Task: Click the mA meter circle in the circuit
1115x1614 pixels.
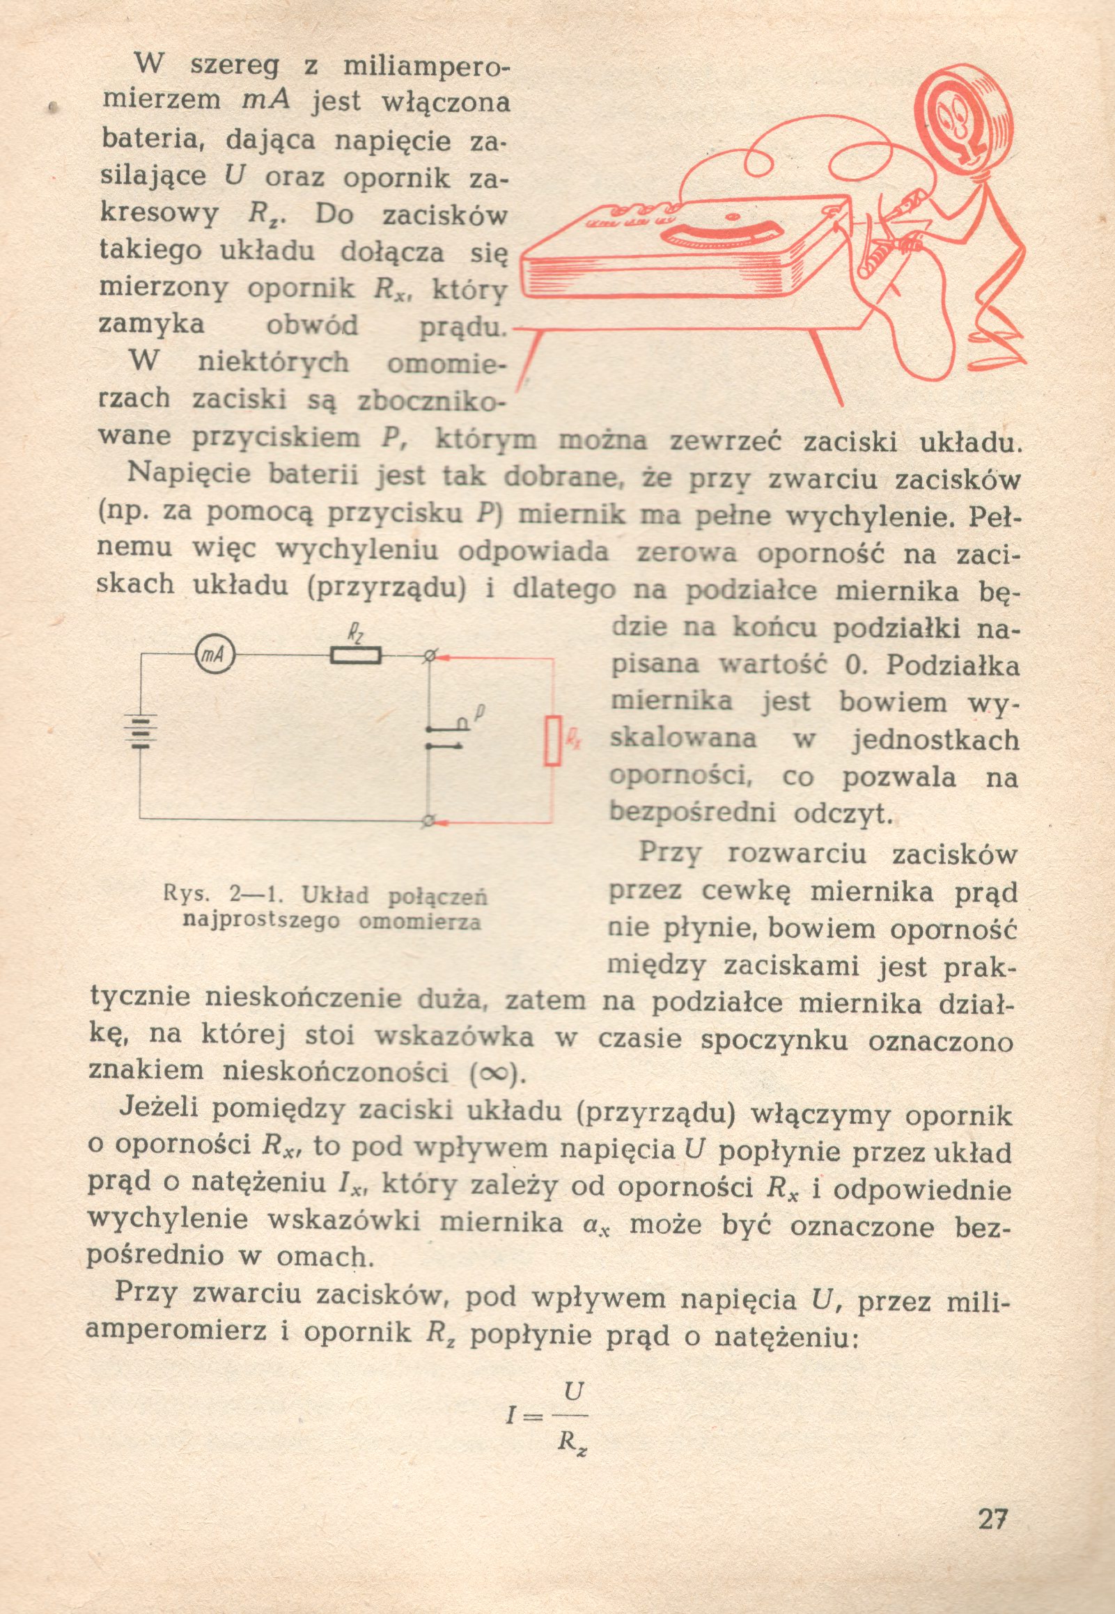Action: pyautogui.click(x=214, y=656)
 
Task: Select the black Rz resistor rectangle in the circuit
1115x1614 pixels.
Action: pyautogui.click(x=357, y=656)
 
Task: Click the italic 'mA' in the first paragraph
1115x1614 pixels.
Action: pyautogui.click(x=265, y=102)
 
